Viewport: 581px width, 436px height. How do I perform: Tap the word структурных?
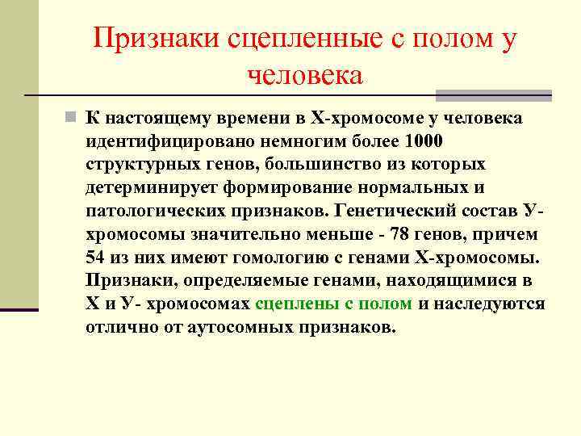tap(142, 165)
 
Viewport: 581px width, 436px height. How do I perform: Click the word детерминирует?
tap(145, 188)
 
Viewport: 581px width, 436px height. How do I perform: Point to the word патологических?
tap(153, 212)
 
